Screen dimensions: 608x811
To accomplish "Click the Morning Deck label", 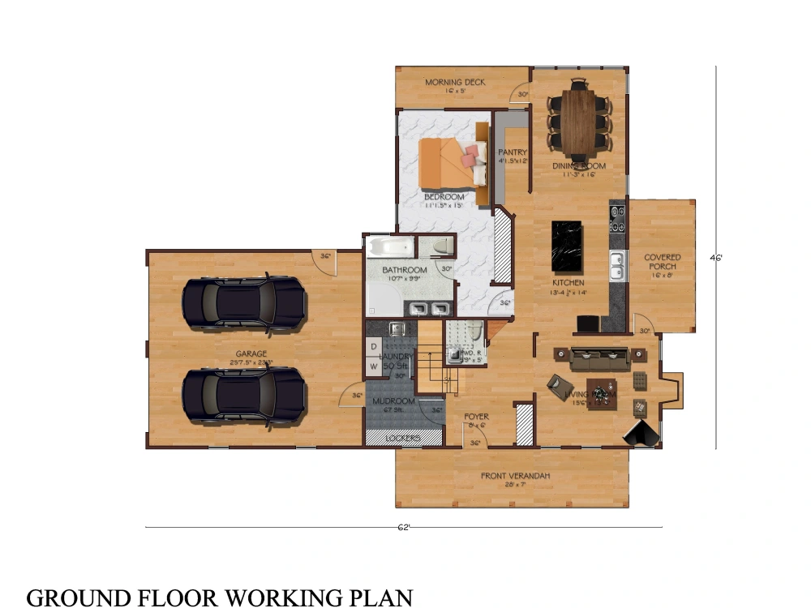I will point(455,83).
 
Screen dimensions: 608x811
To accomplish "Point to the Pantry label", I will point(512,152).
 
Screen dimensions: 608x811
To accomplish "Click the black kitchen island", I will point(568,247).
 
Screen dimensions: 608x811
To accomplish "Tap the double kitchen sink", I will point(617,261).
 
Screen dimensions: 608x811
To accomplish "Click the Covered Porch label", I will point(663,262).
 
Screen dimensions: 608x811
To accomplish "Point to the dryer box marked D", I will point(373,347).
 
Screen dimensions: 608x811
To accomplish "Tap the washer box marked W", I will point(373,366).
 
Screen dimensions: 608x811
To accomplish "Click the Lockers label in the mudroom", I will point(403,439).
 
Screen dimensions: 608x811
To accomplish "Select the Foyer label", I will point(476,417).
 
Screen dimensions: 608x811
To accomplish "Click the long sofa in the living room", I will point(600,356).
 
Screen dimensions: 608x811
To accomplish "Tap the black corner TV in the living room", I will point(642,434).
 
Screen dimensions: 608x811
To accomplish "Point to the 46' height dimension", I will point(716,259).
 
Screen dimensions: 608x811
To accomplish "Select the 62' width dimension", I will point(403,527).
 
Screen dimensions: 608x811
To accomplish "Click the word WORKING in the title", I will point(280,597).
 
